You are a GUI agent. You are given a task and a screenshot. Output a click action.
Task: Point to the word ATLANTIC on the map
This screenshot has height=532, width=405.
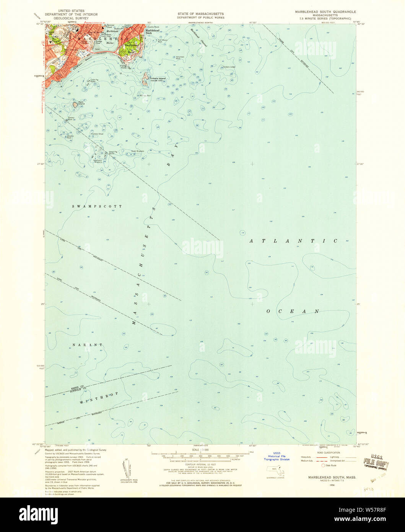pos(293,241)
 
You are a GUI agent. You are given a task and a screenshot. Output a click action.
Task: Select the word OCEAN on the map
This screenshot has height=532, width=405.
pos(293,311)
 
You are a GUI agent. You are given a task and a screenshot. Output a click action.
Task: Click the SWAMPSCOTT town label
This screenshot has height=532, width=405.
pos(98,206)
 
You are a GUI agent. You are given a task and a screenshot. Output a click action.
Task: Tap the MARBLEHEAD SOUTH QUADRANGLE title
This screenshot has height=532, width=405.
pos(325,12)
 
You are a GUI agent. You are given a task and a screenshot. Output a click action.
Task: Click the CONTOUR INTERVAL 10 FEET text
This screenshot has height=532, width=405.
pos(200,464)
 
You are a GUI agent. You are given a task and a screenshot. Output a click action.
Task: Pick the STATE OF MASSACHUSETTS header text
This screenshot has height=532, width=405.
pos(200,14)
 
